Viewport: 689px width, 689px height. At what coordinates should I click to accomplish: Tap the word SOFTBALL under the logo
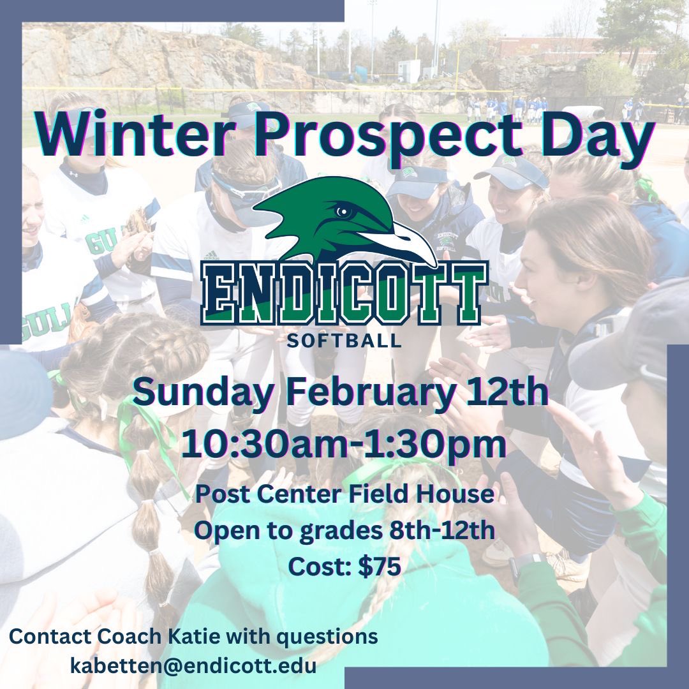pyautogui.click(x=344, y=340)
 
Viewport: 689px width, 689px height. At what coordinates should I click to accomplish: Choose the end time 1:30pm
pyautogui.click(x=434, y=445)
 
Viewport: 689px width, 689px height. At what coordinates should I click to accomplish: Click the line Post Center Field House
pyautogui.click(x=344, y=494)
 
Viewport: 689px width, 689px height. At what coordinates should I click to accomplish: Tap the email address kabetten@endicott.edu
pyautogui.click(x=193, y=666)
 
